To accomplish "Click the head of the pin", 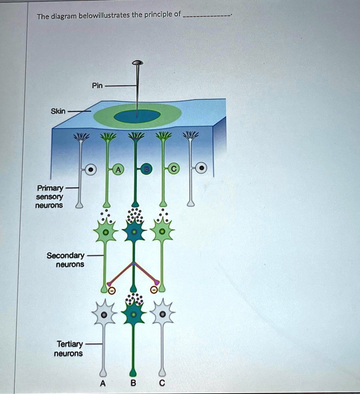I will click(137, 62).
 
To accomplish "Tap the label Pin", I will click(97, 85).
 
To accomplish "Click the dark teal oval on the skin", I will click(137, 116).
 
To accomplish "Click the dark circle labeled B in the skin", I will click(147, 169).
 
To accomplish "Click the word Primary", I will click(50, 188).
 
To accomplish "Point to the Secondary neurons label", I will click(65, 260).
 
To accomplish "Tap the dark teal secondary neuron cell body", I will click(134, 232).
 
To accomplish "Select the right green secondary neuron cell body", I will click(162, 232).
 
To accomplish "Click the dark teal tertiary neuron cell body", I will click(133, 314).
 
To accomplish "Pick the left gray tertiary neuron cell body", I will click(104, 315).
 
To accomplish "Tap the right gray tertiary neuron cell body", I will click(162, 314).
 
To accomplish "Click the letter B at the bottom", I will click(133, 383).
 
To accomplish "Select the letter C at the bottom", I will click(162, 383).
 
